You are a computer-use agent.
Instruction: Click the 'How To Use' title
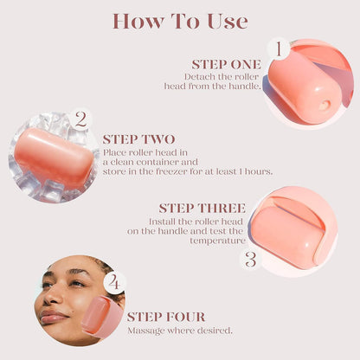click(x=179, y=20)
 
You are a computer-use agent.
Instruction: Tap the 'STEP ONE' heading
click(x=226, y=63)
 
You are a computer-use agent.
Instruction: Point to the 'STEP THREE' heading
click(x=202, y=208)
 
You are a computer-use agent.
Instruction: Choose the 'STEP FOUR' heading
click(x=166, y=317)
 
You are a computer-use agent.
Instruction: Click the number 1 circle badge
click(x=278, y=49)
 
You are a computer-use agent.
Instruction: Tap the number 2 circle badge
click(x=80, y=119)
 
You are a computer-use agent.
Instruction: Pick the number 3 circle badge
click(x=251, y=258)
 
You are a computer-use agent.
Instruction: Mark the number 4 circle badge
click(x=115, y=282)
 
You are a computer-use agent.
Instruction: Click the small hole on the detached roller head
click(x=325, y=104)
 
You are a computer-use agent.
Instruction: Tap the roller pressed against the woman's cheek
click(x=103, y=318)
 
